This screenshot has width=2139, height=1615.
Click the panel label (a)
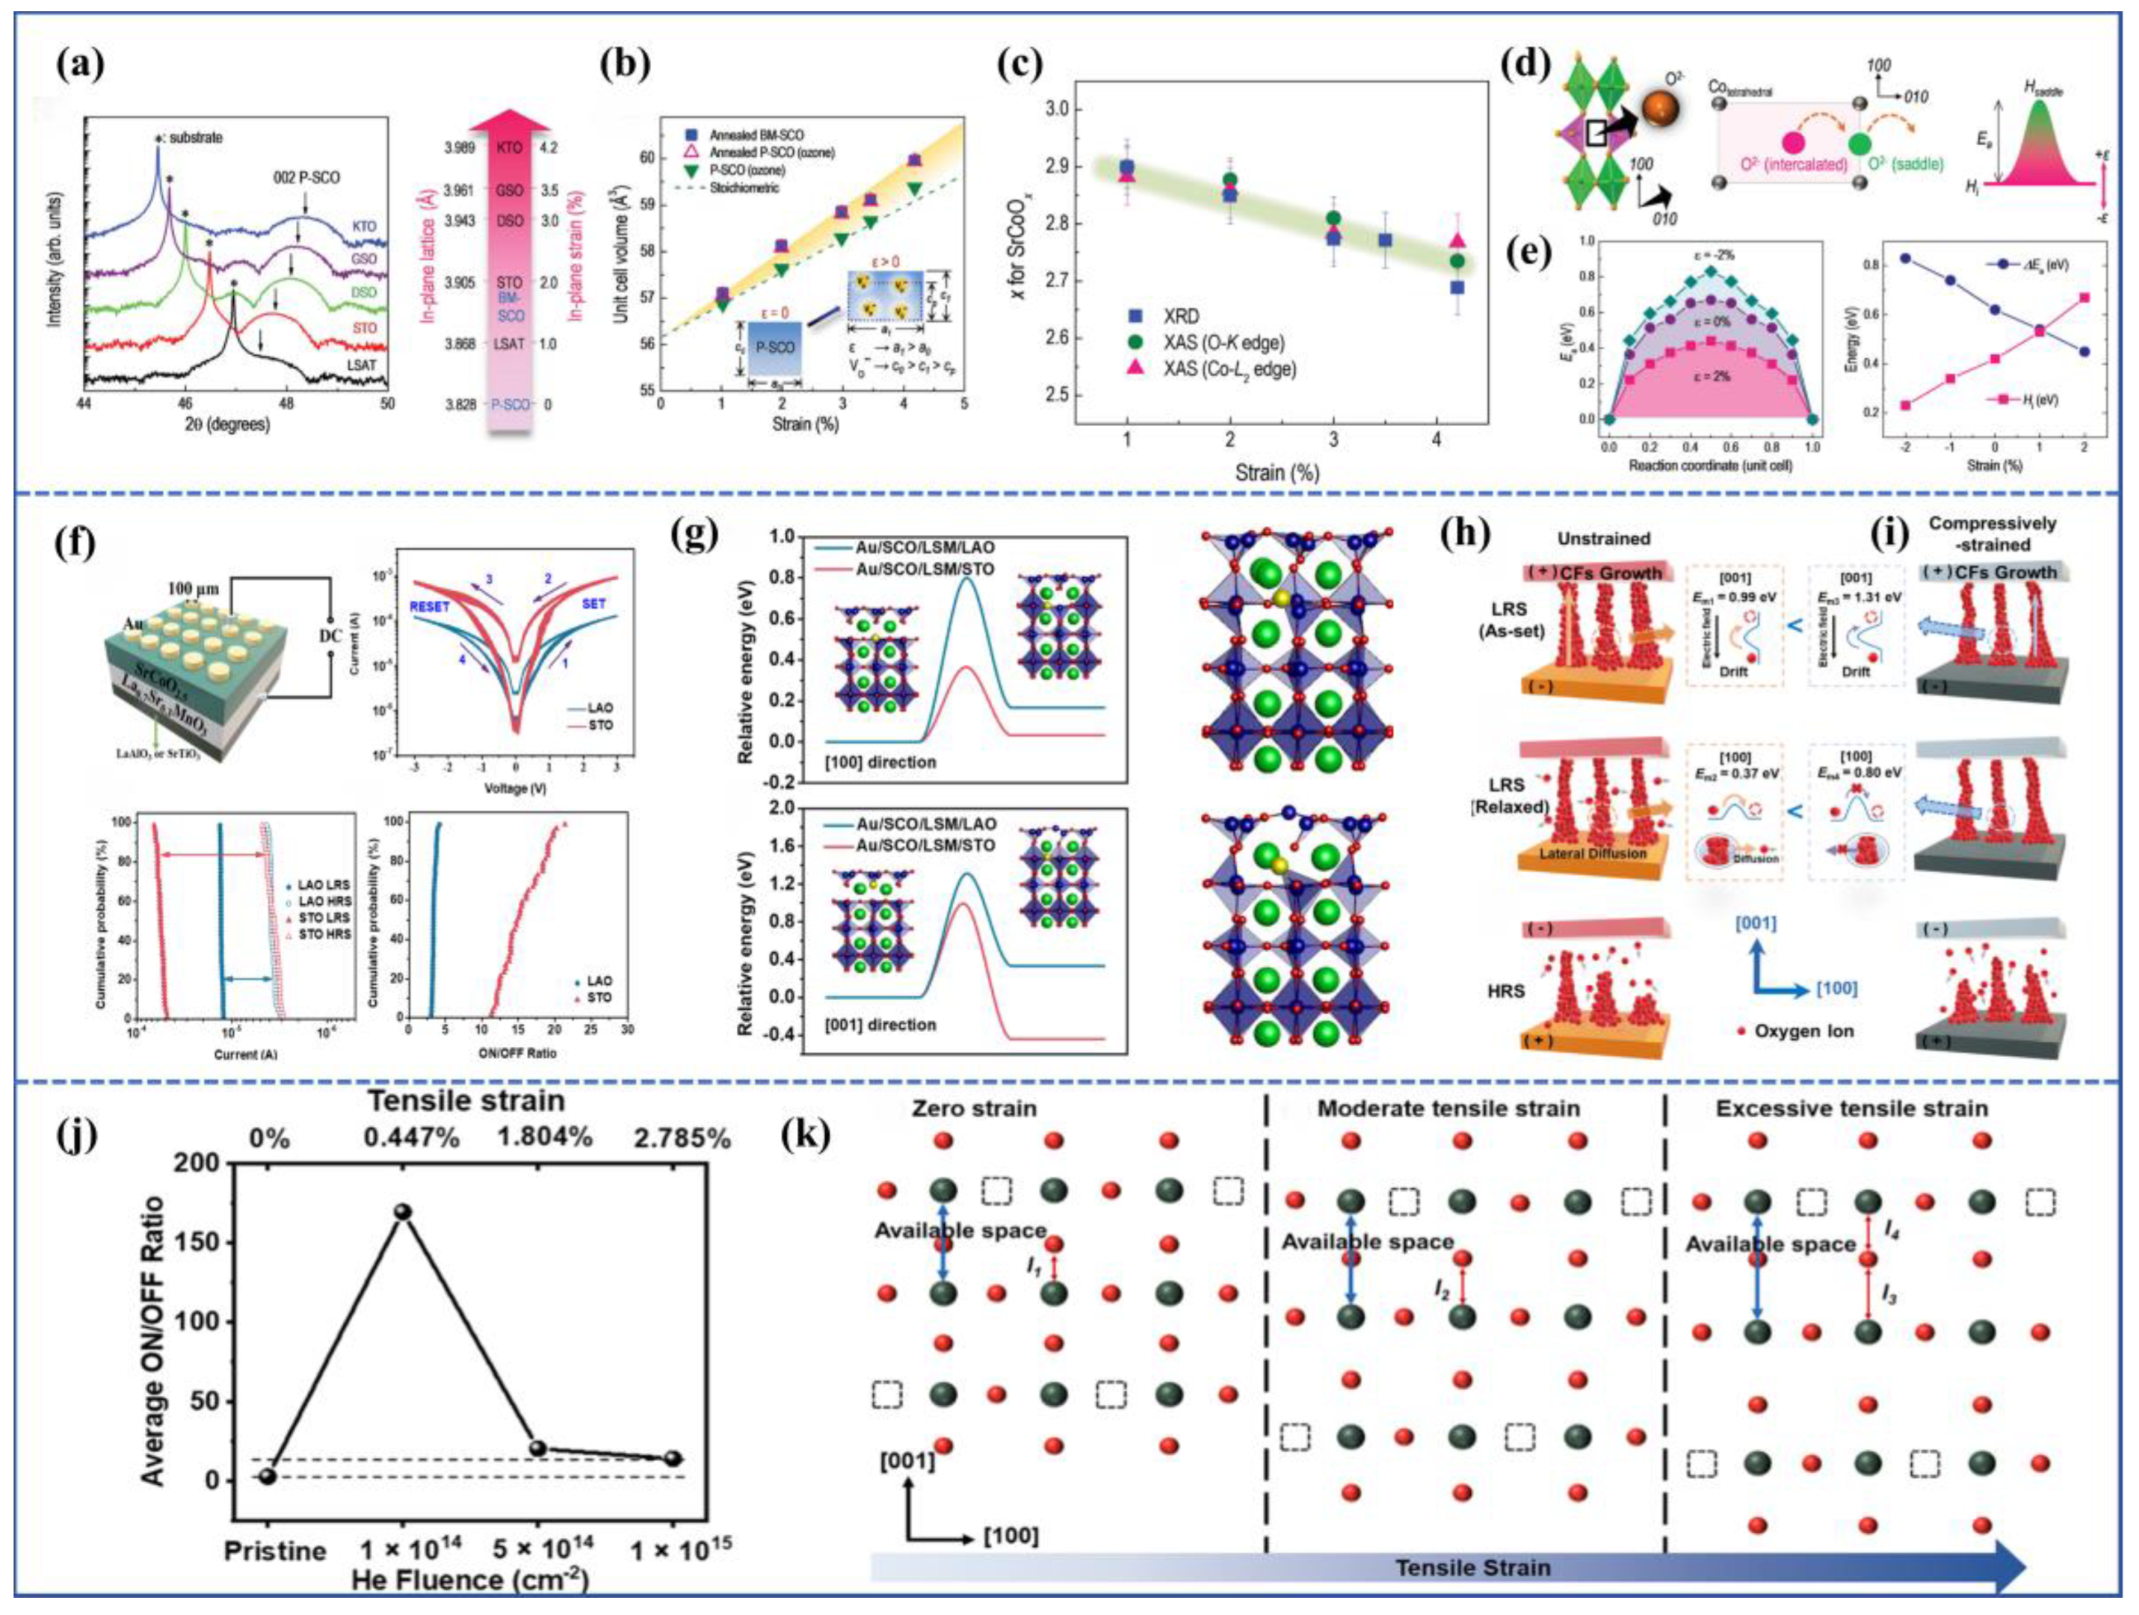click(79, 66)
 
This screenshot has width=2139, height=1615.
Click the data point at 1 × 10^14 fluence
click(402, 1212)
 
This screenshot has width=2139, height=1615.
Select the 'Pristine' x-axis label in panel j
click(274, 1551)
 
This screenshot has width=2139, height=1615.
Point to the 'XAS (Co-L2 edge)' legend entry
click(1228, 368)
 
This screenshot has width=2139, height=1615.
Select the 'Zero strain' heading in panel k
click(974, 1108)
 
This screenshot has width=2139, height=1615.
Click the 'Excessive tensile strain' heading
click(1852, 1108)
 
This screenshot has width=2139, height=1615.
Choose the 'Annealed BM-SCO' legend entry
click(756, 135)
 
